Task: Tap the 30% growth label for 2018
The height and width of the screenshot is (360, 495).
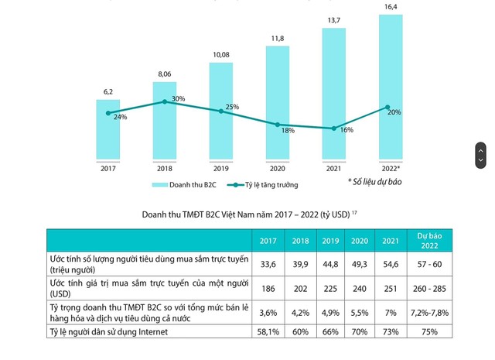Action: pyautogui.click(x=178, y=98)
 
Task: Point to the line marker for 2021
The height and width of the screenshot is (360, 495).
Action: pyautogui.click(x=334, y=129)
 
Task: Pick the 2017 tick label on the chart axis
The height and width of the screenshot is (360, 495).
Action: pyautogui.click(x=108, y=167)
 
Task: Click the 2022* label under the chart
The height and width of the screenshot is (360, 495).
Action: pyautogui.click(x=391, y=167)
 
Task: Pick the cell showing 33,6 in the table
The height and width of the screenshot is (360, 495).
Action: pyautogui.click(x=268, y=266)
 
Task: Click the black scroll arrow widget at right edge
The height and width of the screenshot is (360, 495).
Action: pyautogui.click(x=480, y=154)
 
